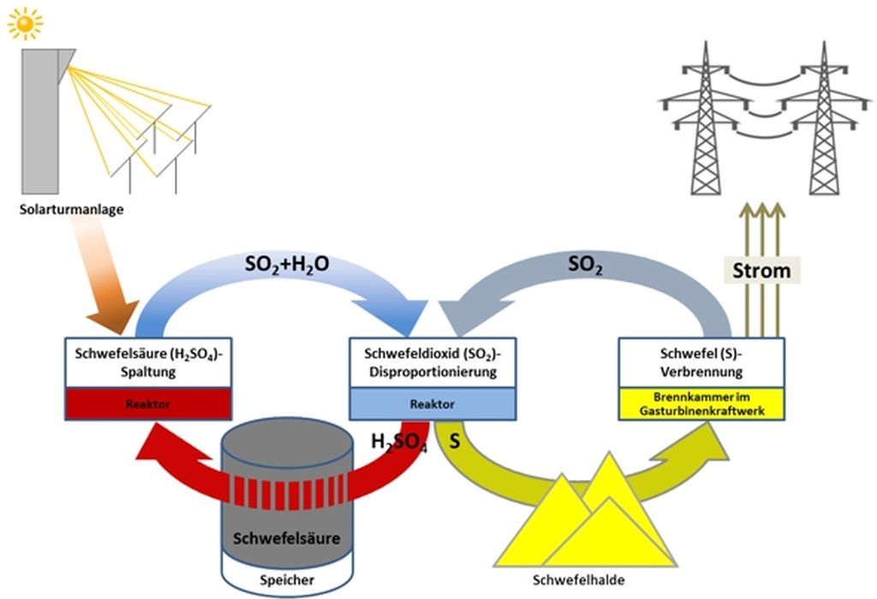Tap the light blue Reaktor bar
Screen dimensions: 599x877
(433, 404)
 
